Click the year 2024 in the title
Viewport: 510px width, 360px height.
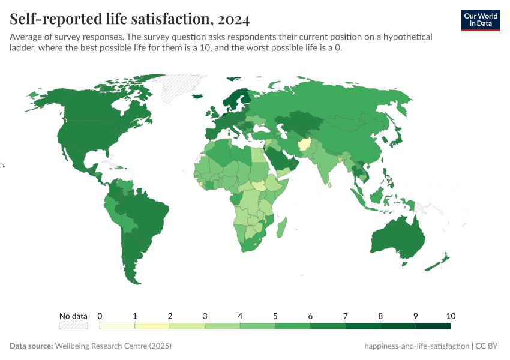[x=231, y=20]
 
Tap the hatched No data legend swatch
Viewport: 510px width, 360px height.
[x=73, y=326]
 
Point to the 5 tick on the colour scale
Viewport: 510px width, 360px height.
[x=275, y=316]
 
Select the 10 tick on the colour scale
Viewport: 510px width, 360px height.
[x=451, y=316]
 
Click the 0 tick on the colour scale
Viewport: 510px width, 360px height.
[x=100, y=316]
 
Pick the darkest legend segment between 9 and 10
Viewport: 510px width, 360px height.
[x=433, y=326]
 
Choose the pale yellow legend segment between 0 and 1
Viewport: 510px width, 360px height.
[x=117, y=326]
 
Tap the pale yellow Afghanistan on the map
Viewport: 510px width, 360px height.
[x=304, y=146]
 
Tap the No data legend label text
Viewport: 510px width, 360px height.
[x=73, y=316]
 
